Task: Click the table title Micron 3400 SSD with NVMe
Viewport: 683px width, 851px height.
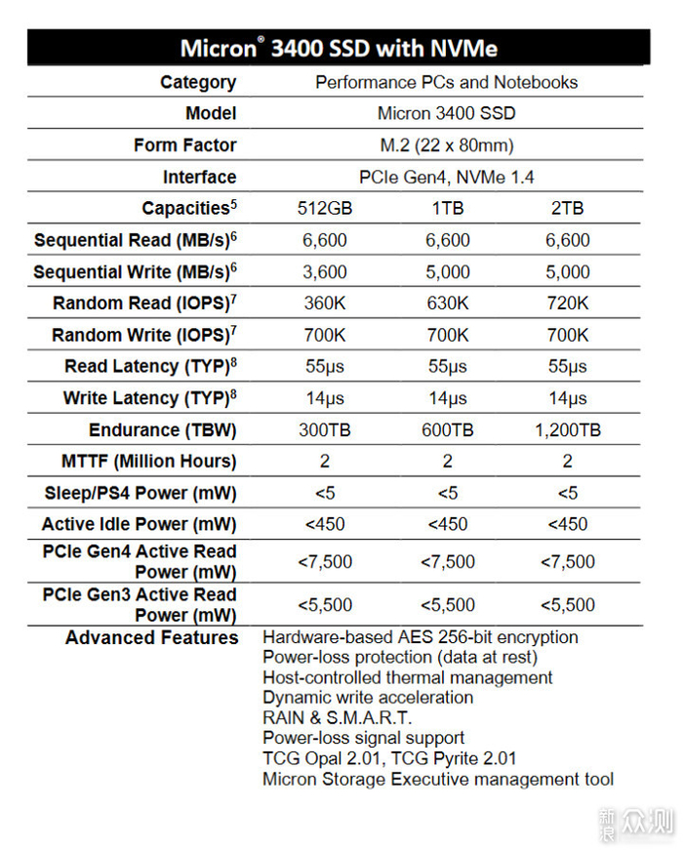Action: coord(339,48)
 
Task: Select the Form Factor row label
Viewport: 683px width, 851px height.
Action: coord(184,145)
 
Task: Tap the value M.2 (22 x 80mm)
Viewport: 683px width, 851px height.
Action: coord(446,145)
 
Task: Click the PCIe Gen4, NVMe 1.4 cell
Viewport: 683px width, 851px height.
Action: coord(446,177)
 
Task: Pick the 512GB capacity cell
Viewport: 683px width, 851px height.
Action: coord(325,209)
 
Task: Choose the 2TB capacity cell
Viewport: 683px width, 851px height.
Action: coord(567,209)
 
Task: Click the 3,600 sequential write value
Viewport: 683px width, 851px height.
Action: coord(325,272)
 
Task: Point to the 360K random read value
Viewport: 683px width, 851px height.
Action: coord(325,304)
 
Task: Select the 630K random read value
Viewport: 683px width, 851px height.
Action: coord(447,304)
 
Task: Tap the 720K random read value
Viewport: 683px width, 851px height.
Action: coord(567,304)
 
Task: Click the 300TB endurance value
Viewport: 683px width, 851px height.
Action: coord(325,430)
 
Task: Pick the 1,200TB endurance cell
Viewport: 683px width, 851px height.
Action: coord(567,430)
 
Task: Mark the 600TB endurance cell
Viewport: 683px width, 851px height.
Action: coord(447,430)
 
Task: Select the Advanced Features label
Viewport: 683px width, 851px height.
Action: coord(151,638)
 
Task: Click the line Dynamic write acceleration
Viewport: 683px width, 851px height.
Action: coord(368,698)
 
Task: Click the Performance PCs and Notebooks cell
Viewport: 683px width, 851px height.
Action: coord(446,82)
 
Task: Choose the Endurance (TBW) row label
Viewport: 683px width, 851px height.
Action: coord(162,430)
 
